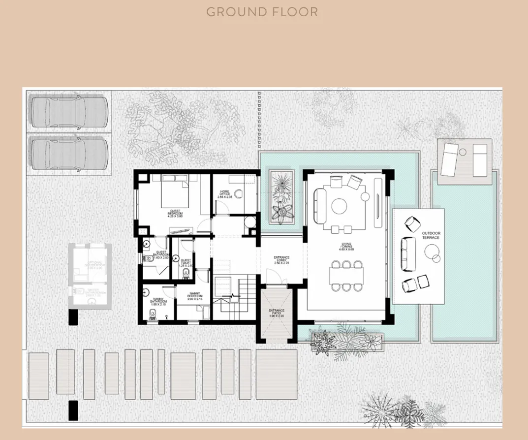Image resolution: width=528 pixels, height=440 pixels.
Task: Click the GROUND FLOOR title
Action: coord(262,12)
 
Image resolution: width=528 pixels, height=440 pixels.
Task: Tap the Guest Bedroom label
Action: coord(175,214)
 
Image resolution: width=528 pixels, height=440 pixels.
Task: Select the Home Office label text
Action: coord(224,194)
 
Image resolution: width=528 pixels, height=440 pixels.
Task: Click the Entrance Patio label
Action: coord(277,313)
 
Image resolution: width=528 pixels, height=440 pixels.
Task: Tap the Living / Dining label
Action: coord(346,247)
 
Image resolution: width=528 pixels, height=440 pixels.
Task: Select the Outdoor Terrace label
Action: coord(431,235)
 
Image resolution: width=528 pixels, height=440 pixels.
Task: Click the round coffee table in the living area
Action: coord(340,206)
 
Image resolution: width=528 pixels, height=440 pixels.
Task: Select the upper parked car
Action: coord(68,112)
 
